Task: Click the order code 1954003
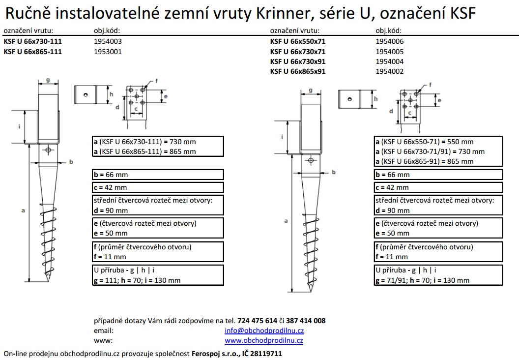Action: pos(108,41)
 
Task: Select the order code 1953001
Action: pos(108,52)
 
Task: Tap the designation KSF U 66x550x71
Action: pos(297,41)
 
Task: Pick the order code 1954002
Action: pos(390,71)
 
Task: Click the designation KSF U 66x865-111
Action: pos(33,52)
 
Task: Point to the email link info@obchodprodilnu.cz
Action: pos(264,330)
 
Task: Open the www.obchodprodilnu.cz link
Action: pos(264,340)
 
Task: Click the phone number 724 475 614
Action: pos(257,321)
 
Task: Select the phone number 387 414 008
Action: pos(306,321)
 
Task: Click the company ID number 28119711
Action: pos(266,354)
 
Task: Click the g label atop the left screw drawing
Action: pos(48,80)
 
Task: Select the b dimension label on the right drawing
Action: pos(334,172)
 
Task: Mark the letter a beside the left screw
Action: pos(23,210)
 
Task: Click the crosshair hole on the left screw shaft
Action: pos(48,150)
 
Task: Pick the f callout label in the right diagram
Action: pos(431,85)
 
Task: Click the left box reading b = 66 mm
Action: pos(158,175)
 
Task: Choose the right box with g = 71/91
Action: pos(438,275)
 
